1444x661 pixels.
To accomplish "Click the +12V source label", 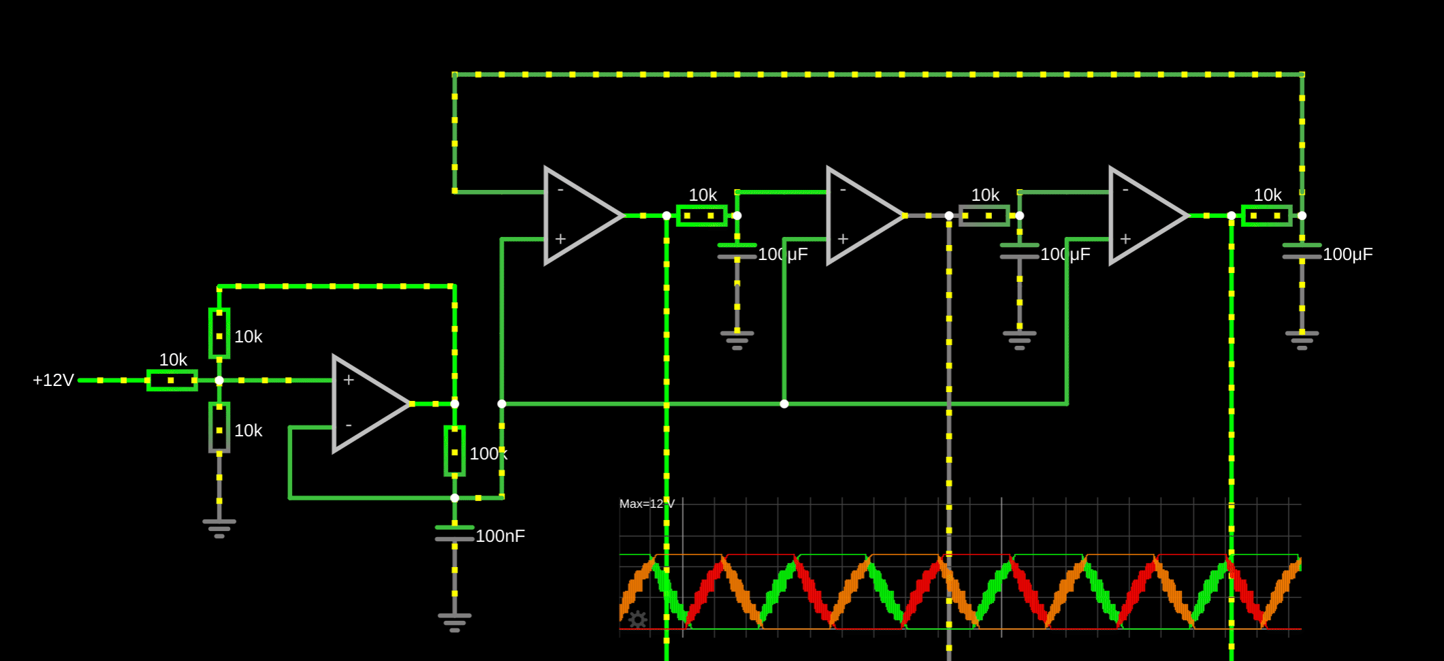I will pos(53,380).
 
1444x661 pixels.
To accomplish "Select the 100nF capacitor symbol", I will pos(454,533).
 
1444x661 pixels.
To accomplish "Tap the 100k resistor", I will pos(454,451).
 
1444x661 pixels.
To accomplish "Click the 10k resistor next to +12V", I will pos(172,380).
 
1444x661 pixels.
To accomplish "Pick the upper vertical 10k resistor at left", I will pos(219,334).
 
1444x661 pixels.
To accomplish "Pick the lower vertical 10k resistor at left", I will pos(219,428).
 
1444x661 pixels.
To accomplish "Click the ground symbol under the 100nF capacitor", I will pos(454,622).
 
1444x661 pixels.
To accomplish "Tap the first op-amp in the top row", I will pos(579,215).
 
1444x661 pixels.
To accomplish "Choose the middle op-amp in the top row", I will pos(861,215).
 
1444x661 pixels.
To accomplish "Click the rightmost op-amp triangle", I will pos(1144,215).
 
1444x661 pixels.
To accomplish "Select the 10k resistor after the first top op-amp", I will pos(701,215).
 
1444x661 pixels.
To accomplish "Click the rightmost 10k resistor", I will pos(1266,215).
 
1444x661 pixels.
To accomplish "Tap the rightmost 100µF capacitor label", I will pos(1347,254).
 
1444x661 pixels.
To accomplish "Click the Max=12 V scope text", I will pos(646,504).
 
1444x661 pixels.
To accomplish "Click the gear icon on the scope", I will pos(637,619).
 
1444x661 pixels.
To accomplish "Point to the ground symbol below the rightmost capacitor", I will pos(1302,339).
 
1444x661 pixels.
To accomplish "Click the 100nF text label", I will pos(500,536).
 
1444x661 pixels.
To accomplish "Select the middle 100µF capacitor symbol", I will pos(1019,251).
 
